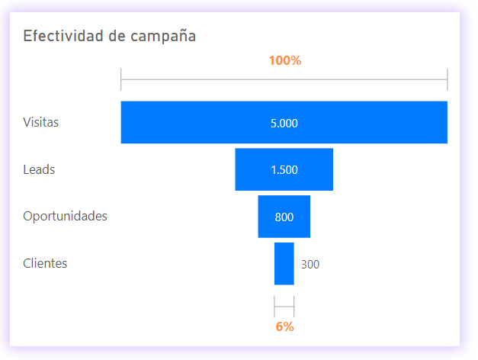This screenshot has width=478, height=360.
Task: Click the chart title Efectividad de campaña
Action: click(109, 36)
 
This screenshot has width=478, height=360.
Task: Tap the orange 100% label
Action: click(284, 61)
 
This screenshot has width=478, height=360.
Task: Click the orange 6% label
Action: click(284, 326)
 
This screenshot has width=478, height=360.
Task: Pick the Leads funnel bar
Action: click(252, 169)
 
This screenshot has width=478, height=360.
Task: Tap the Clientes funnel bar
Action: click(284, 264)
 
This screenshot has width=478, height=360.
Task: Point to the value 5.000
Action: click(284, 123)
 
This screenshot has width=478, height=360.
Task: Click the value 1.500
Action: click(284, 170)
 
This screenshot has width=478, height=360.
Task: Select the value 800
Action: click(284, 217)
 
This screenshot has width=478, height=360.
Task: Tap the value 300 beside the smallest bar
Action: click(310, 265)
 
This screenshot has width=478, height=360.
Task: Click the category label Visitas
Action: click(40, 122)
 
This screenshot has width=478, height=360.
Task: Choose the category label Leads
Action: click(39, 169)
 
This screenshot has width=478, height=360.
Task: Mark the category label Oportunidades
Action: click(65, 216)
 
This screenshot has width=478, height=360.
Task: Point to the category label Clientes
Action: click(45, 263)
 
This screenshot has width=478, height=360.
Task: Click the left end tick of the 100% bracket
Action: click(121, 79)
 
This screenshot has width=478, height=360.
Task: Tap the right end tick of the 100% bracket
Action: click(448, 79)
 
